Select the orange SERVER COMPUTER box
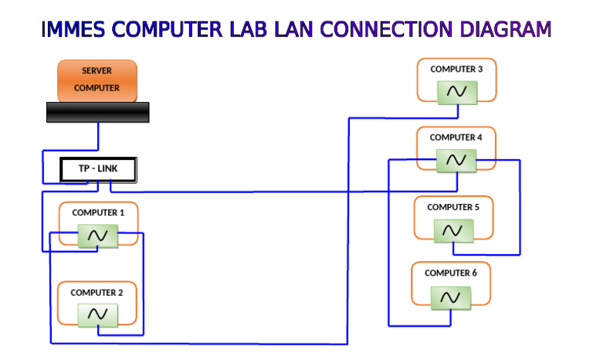click(x=97, y=80)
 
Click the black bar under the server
click(x=97, y=112)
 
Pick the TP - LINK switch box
click(x=98, y=169)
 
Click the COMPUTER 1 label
click(x=98, y=212)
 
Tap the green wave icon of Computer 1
click(x=98, y=236)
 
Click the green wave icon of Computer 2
click(x=97, y=314)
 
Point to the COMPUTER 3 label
click(x=456, y=70)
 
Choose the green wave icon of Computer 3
click(x=457, y=92)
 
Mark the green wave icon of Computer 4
click(x=456, y=160)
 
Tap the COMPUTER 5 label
click(x=453, y=207)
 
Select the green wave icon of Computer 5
click(x=453, y=230)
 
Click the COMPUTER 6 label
click(x=451, y=273)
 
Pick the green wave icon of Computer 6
click(x=451, y=297)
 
